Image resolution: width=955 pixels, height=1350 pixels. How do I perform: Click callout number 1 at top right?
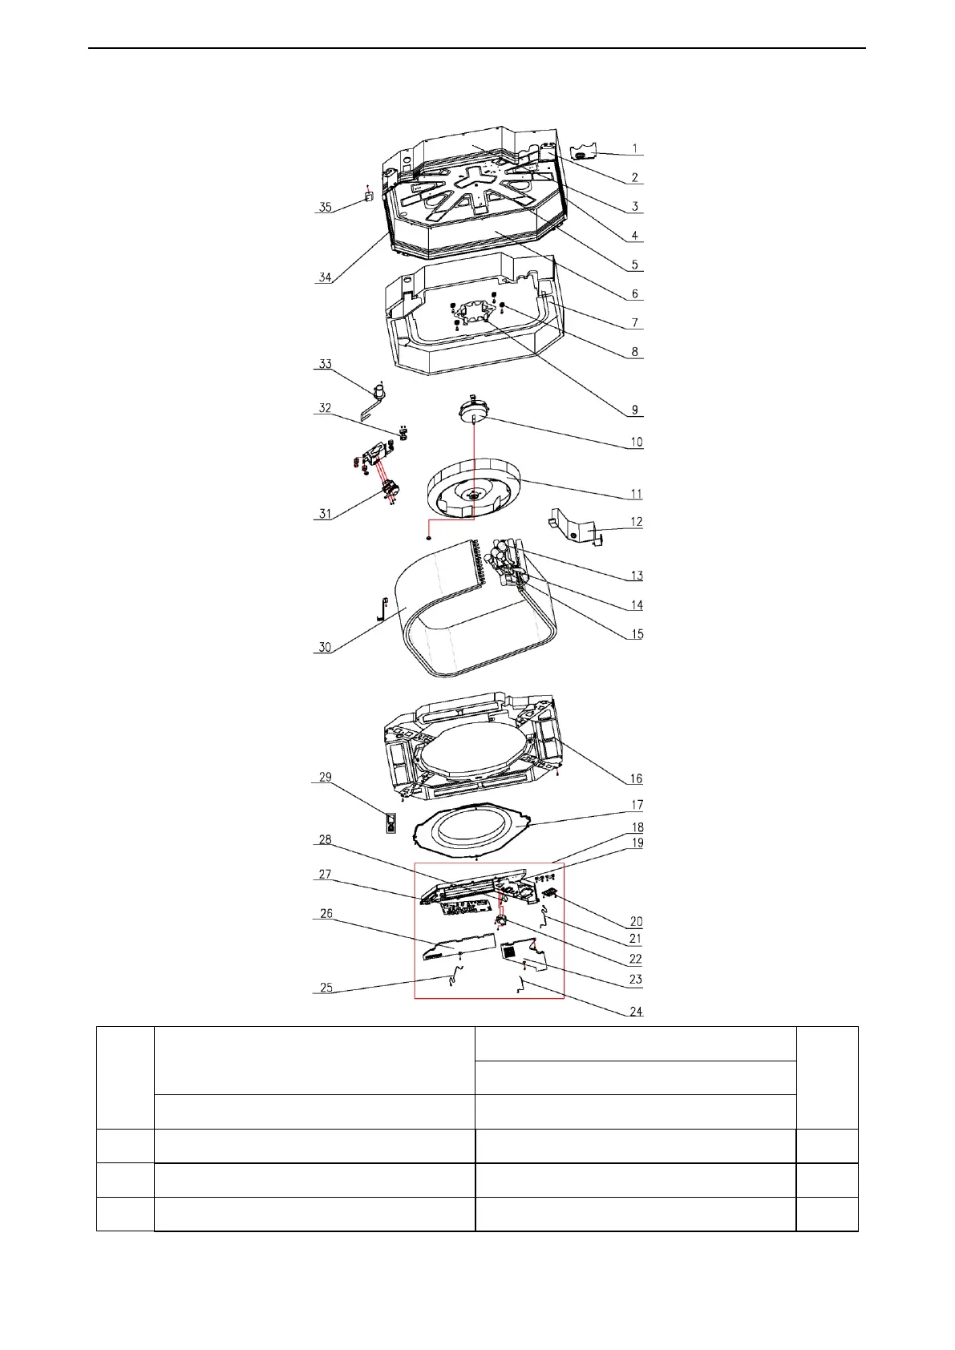click(635, 148)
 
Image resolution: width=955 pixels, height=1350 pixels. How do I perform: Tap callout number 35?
click(325, 207)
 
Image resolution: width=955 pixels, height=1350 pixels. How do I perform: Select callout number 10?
click(636, 442)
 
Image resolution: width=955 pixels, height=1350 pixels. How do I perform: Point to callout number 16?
click(636, 778)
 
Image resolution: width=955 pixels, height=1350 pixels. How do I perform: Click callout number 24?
click(636, 1012)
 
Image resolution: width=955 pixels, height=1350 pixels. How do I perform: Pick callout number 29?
click(325, 777)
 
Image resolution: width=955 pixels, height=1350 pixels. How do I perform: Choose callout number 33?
click(325, 364)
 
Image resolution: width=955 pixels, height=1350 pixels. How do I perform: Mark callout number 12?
click(636, 522)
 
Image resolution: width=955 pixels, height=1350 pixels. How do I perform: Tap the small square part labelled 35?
click(369, 196)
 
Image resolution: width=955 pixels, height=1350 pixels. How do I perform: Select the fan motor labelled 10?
click(473, 409)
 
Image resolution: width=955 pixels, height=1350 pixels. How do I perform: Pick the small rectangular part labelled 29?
click(390, 823)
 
